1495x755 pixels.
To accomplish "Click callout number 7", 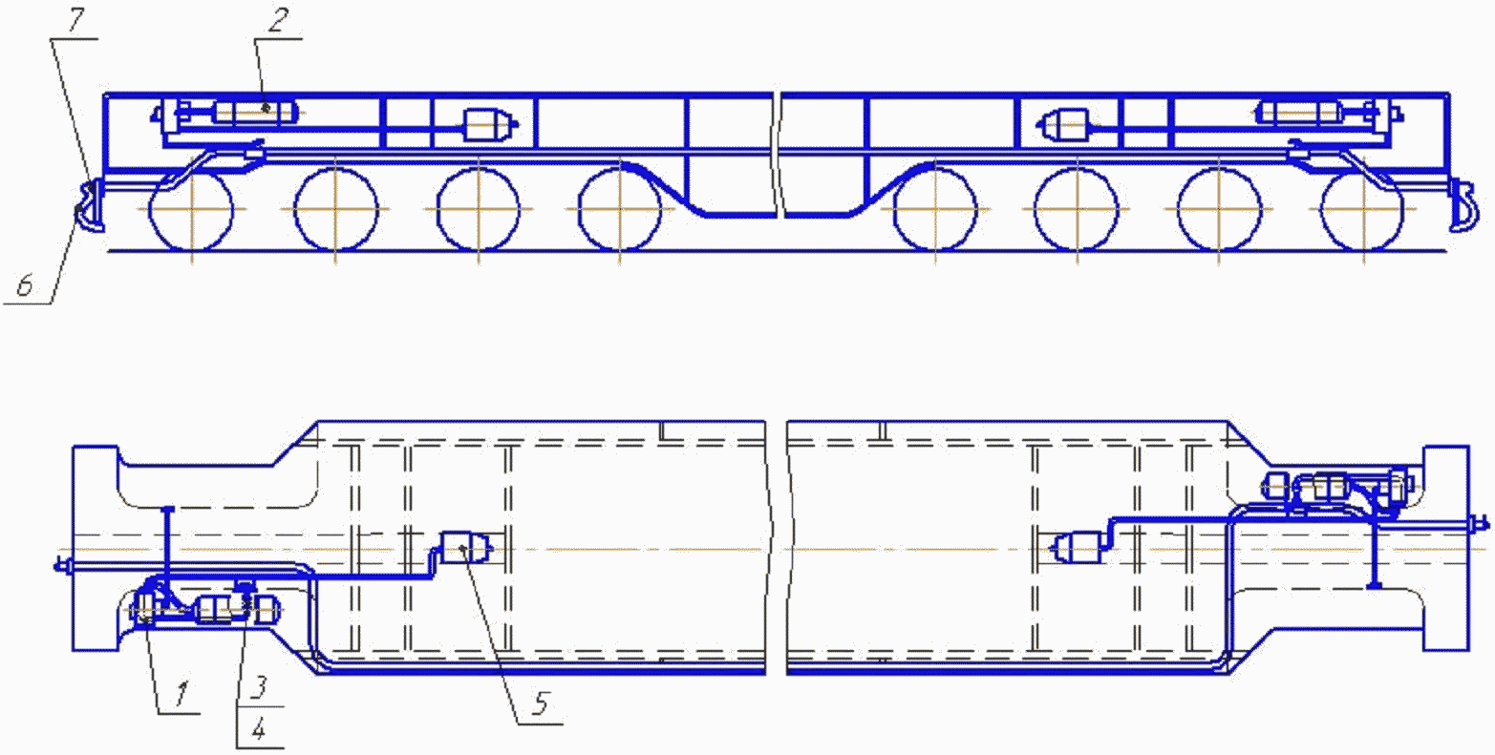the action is point(76,21).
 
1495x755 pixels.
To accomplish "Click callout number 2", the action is point(280,20).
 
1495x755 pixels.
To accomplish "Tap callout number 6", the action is point(25,286).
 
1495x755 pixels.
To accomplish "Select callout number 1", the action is point(182,694).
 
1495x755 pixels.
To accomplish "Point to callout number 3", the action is point(260,687).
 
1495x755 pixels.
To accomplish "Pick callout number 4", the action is point(259,729).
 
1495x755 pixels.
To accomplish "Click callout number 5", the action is point(542,703).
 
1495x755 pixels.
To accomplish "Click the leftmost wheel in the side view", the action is point(192,209).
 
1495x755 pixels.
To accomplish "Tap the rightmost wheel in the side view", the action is point(1363,209).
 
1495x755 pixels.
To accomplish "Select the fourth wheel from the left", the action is point(620,209).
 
